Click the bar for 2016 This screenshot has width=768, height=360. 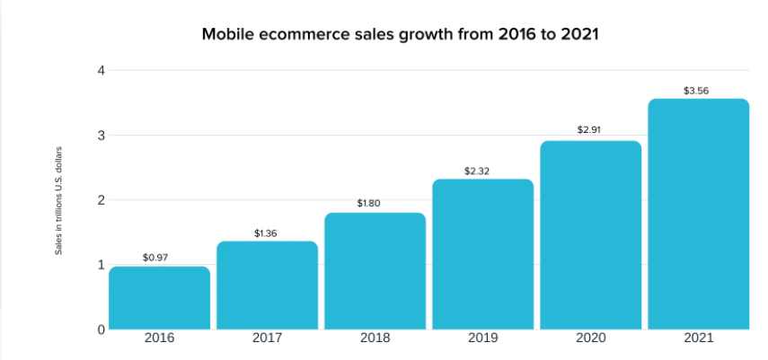160,298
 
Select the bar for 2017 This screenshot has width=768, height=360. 268,285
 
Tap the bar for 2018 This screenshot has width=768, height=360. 375,271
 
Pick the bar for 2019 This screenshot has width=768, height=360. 482,254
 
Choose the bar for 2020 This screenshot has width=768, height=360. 590,235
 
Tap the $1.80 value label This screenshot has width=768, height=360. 368,204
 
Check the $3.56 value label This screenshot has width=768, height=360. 697,90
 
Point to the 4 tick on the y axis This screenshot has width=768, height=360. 101,71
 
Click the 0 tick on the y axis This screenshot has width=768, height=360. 101,329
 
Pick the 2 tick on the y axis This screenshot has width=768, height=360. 101,200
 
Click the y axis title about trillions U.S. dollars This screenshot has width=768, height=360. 59,199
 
